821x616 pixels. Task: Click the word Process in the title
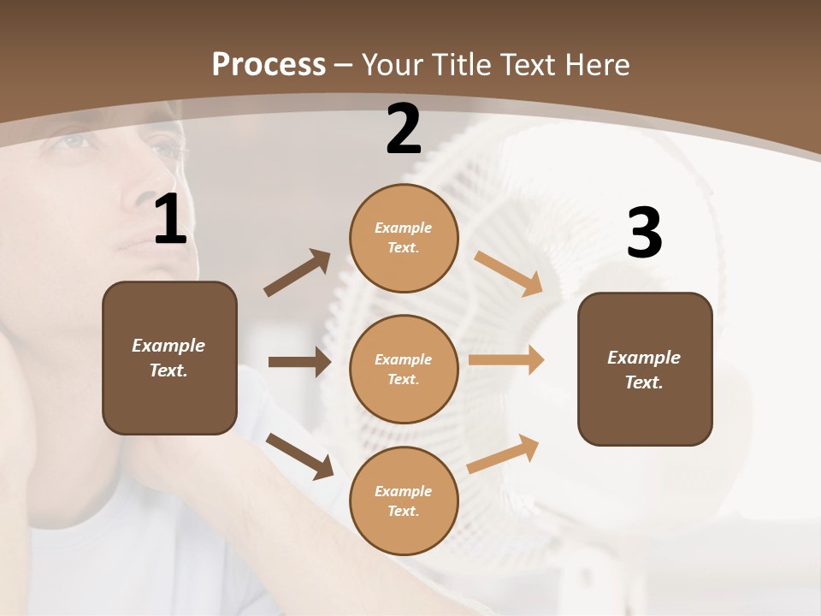click(269, 64)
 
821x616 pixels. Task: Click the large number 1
click(170, 220)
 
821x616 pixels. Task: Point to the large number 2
click(404, 130)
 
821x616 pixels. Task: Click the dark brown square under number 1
click(169, 358)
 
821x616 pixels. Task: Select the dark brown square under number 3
click(645, 369)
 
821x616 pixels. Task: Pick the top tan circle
click(404, 238)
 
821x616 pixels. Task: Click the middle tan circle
click(404, 369)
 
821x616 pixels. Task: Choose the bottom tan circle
click(404, 500)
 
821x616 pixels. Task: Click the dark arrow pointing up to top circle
click(298, 273)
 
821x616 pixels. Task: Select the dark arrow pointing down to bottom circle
click(299, 455)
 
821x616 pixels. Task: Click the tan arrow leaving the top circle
click(509, 273)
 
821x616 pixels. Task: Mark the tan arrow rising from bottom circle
click(503, 453)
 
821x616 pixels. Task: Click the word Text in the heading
click(529, 64)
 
